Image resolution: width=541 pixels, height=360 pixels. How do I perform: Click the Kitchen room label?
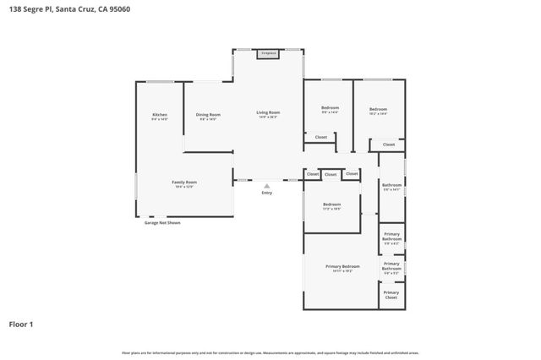(x=160, y=114)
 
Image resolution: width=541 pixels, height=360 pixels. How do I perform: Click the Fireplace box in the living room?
(x=268, y=53)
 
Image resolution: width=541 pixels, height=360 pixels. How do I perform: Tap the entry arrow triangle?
(x=267, y=185)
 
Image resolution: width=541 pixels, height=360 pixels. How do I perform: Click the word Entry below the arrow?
(x=267, y=193)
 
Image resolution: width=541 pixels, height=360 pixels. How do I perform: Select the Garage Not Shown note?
(x=161, y=222)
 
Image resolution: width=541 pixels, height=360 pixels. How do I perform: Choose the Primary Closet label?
(x=391, y=295)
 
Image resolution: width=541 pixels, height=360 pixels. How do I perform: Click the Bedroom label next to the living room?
(x=330, y=108)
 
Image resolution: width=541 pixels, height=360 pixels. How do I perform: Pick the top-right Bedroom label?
(x=378, y=108)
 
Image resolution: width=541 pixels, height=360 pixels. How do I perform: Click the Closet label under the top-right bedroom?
(x=388, y=145)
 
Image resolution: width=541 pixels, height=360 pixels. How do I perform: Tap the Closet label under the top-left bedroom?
(x=320, y=137)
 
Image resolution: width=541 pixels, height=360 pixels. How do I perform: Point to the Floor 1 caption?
(x=22, y=323)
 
